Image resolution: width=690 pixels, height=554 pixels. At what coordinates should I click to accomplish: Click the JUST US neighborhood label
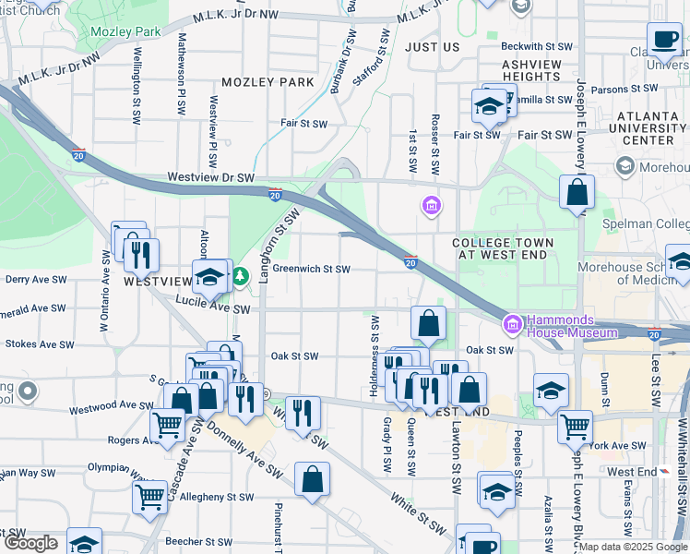point(432,46)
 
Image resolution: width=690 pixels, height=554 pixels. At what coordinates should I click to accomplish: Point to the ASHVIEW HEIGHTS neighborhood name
point(531,70)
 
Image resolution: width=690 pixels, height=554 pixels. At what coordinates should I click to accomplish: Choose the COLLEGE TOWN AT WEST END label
point(503,249)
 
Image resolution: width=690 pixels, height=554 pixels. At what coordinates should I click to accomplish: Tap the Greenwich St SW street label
point(311,270)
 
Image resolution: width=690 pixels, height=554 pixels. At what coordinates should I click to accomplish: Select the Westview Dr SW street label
point(210,176)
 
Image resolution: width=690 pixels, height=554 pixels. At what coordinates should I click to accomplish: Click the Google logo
point(30,543)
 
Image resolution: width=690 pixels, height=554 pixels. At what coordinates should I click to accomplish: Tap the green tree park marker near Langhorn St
point(241,275)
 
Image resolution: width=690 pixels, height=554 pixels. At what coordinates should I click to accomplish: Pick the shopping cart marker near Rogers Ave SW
point(167,426)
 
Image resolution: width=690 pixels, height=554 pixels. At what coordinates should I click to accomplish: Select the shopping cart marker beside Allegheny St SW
point(149,497)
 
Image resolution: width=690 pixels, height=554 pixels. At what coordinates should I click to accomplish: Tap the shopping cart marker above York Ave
point(576,426)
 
